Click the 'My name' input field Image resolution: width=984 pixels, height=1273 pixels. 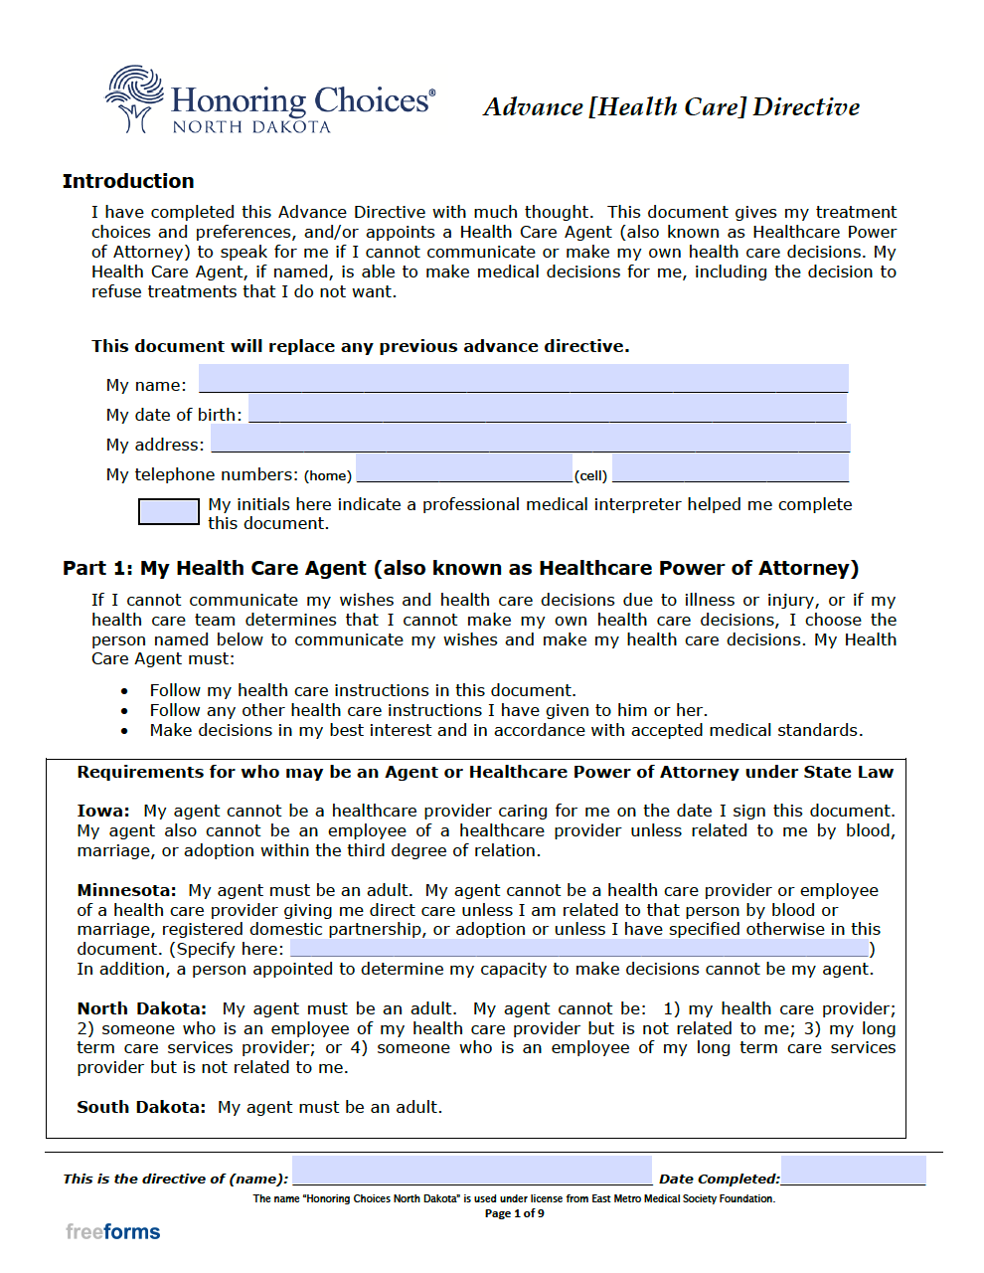coord(523,379)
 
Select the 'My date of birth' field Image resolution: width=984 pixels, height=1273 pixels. coord(547,409)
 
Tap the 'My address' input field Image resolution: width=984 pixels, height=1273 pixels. coord(530,439)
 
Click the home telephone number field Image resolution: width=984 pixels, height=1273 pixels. coord(463,468)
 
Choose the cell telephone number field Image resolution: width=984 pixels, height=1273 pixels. coord(730,468)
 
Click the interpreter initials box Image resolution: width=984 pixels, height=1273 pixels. coord(168,511)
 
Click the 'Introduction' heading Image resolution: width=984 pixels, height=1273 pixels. coord(128,181)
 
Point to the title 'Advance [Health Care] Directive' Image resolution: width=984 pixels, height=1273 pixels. coord(671,107)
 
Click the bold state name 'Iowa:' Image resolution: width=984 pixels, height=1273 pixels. coord(103,811)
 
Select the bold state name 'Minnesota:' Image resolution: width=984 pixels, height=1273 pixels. coord(126,890)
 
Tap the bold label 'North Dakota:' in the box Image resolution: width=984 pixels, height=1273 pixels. coord(142,1008)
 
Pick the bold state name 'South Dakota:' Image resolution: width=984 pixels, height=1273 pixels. coord(141,1107)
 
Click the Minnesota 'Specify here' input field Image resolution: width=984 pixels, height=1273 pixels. coord(579,949)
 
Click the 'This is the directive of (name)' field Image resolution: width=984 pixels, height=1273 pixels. coord(471,1171)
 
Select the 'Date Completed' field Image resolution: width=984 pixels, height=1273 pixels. coord(853,1171)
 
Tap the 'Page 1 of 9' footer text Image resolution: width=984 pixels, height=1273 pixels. coord(514,1213)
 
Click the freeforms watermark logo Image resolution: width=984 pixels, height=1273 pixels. coord(113,1232)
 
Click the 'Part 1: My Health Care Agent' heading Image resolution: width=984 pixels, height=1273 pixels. coord(460,568)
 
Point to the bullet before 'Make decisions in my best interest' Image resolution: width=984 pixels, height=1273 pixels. coord(124,731)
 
